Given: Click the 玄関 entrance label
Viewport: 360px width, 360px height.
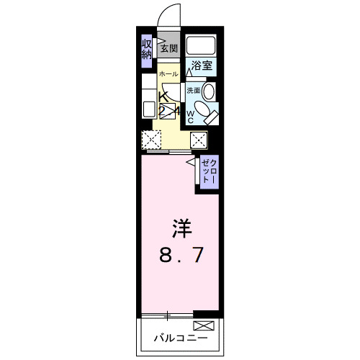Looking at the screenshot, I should (168, 49).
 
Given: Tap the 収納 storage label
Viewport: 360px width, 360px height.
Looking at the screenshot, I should (146, 49).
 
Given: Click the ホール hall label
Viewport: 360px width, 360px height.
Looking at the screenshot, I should (168, 74).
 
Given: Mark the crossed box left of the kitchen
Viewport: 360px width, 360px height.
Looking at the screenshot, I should (150, 140).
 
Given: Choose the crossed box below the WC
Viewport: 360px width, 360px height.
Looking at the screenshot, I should (199, 140).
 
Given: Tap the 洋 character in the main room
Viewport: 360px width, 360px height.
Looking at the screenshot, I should (180, 230).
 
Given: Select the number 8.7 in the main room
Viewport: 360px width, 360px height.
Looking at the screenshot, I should (180, 256).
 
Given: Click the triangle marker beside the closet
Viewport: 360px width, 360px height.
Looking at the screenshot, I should (192, 163).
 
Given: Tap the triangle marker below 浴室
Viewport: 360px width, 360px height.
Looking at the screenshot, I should (192, 71).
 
